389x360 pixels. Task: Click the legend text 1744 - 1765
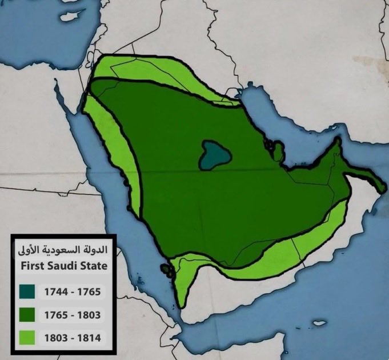pos(72,292)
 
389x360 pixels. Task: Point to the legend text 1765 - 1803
pos(72,315)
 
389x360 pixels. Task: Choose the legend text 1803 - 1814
pos(72,338)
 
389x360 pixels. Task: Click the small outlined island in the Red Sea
pos(167,268)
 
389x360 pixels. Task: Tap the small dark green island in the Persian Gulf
pos(279,152)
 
